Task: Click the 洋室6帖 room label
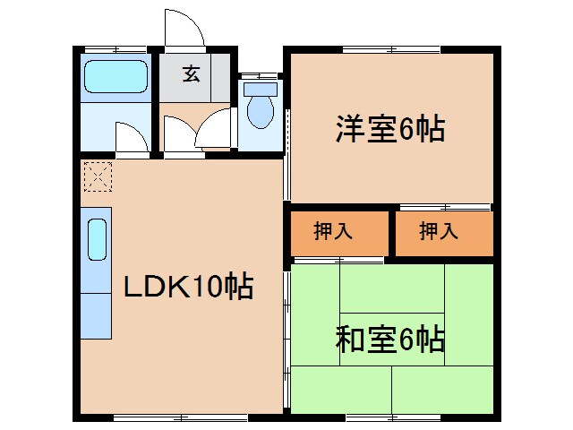pyautogui.click(x=390, y=131)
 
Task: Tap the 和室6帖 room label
pyautogui.click(x=390, y=340)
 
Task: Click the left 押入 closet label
pyautogui.click(x=333, y=231)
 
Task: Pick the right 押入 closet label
pyautogui.click(x=439, y=231)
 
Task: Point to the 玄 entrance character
pyautogui.click(x=192, y=74)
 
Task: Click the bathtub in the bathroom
pyautogui.click(x=115, y=76)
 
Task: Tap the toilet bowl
pyautogui.click(x=261, y=112)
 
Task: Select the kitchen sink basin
pyautogui.click(x=96, y=240)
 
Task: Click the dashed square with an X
pyautogui.click(x=96, y=176)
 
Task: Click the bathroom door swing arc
pyautogui.click(x=130, y=139)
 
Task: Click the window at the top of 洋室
pyautogui.click(x=391, y=48)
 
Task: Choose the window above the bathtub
pyautogui.click(x=115, y=48)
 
